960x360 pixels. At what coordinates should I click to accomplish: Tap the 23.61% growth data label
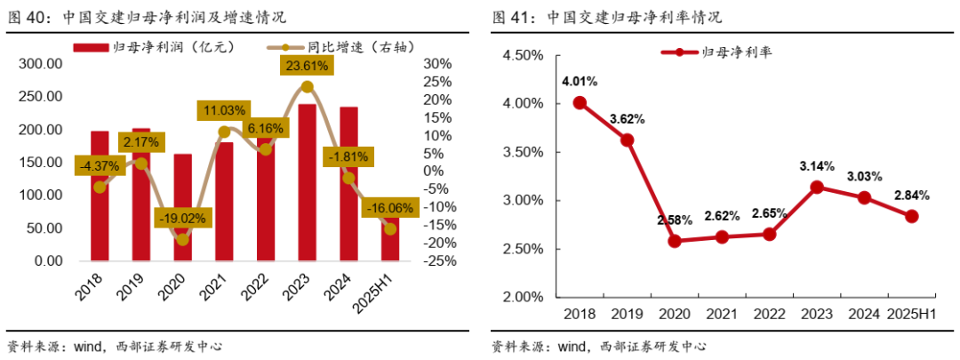(x=307, y=65)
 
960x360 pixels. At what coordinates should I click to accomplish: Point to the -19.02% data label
(x=182, y=217)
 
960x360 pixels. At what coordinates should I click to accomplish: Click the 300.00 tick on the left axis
(x=42, y=64)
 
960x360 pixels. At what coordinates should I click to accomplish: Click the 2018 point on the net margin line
(x=580, y=102)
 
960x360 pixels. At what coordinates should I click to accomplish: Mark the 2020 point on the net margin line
(x=675, y=241)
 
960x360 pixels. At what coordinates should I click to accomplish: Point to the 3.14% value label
(x=816, y=165)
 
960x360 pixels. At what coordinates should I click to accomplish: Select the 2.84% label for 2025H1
(x=912, y=195)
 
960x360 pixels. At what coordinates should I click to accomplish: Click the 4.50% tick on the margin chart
(x=524, y=55)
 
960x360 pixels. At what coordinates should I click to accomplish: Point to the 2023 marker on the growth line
(x=307, y=86)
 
